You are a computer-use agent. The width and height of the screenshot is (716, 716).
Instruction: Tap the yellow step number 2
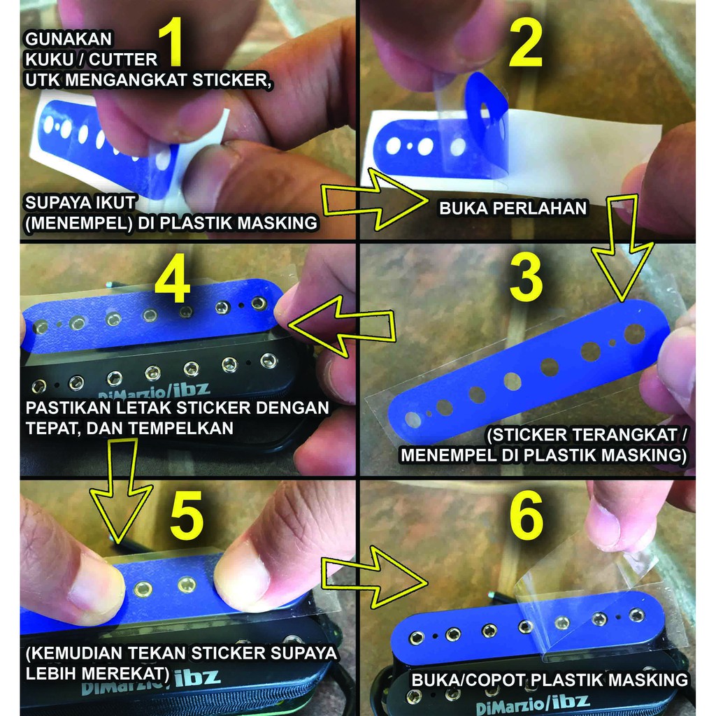[525, 43]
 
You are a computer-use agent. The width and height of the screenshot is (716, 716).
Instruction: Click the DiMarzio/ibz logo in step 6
[531, 701]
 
